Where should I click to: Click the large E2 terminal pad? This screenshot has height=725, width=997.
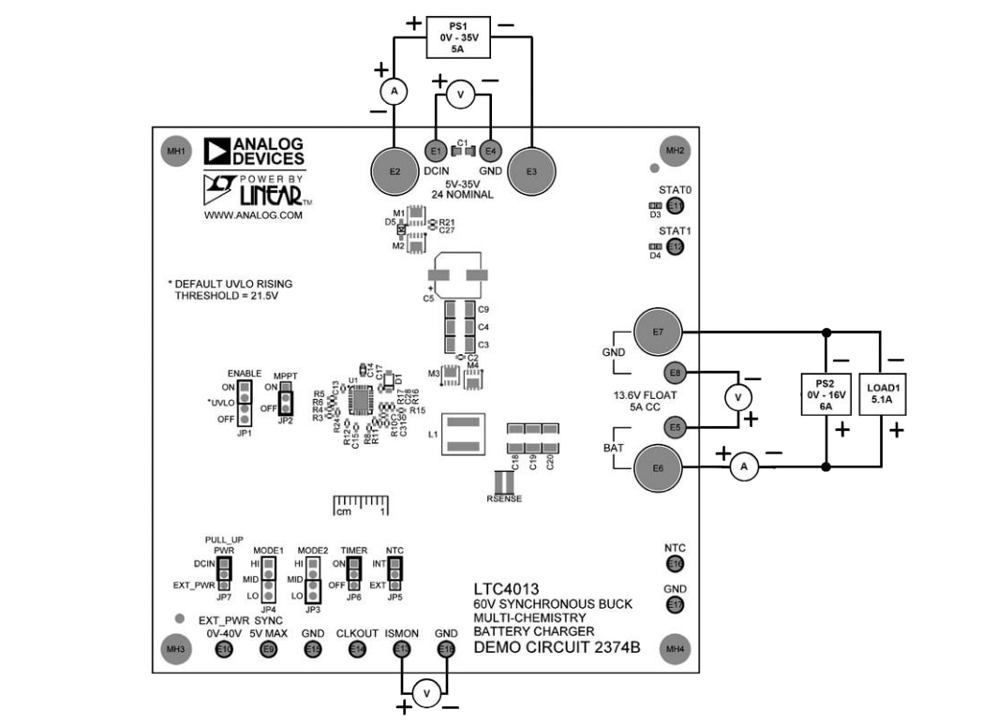pyautogui.click(x=394, y=170)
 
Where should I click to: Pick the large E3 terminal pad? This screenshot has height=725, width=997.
pyautogui.click(x=532, y=170)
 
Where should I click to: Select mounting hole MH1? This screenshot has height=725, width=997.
pyautogui.click(x=175, y=151)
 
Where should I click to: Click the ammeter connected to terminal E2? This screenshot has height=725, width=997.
pyautogui.click(x=394, y=91)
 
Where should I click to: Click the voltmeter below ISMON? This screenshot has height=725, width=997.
pyautogui.click(x=426, y=692)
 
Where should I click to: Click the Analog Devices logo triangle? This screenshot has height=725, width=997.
pyautogui.click(x=216, y=152)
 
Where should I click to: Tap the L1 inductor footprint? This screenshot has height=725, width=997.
pyautogui.click(x=463, y=437)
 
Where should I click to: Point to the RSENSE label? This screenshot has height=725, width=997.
pyautogui.click(x=504, y=499)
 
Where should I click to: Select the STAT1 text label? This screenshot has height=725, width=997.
pyautogui.click(x=675, y=230)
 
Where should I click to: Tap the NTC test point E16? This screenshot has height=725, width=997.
pyautogui.click(x=675, y=564)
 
